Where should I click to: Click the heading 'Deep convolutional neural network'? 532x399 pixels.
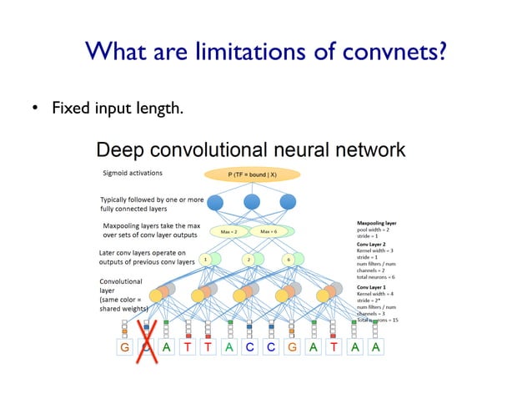(x=250, y=150)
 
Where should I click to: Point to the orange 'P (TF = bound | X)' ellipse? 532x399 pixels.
(x=252, y=174)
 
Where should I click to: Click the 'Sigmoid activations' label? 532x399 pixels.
(x=133, y=174)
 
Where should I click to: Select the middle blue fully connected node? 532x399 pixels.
(x=252, y=202)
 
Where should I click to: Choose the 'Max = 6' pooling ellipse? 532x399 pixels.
(x=269, y=231)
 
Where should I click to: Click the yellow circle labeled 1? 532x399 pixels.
(x=204, y=260)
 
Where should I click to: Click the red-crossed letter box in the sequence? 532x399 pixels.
(x=146, y=347)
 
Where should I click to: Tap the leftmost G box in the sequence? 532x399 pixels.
(x=125, y=347)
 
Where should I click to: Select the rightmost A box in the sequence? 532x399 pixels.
(x=376, y=347)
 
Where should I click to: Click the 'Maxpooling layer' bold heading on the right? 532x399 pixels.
(x=377, y=223)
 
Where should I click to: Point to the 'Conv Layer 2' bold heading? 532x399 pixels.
(x=371, y=244)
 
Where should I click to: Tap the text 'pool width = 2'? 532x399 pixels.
(x=375, y=230)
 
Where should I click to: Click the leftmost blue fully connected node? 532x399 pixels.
(x=215, y=202)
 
